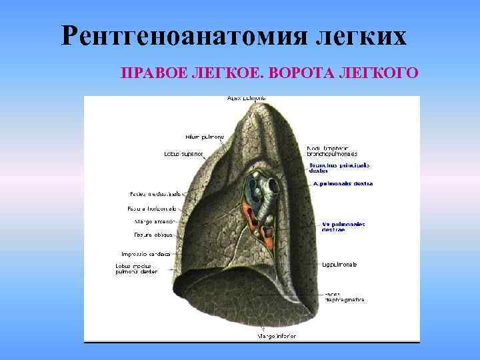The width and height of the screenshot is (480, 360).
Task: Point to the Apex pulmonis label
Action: (x=246, y=98)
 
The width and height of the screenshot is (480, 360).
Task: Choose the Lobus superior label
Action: (x=181, y=153)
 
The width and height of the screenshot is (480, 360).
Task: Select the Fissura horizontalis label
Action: (x=152, y=209)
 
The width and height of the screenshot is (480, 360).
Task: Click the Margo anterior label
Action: (x=155, y=221)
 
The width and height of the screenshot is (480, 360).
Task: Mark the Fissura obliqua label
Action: (x=154, y=235)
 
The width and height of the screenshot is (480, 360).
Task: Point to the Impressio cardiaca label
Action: (x=146, y=254)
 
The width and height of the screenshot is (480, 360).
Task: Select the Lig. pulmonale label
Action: (x=339, y=264)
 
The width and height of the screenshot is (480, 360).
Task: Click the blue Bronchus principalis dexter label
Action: (x=339, y=167)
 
